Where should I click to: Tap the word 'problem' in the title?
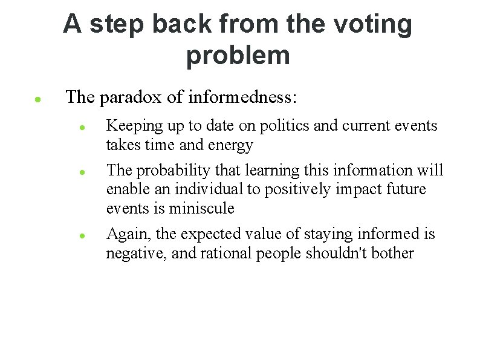tap(238, 56)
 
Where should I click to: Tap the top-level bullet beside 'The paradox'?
tap(37, 98)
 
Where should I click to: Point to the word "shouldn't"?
tap(334, 253)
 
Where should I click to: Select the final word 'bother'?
tap(393, 253)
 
